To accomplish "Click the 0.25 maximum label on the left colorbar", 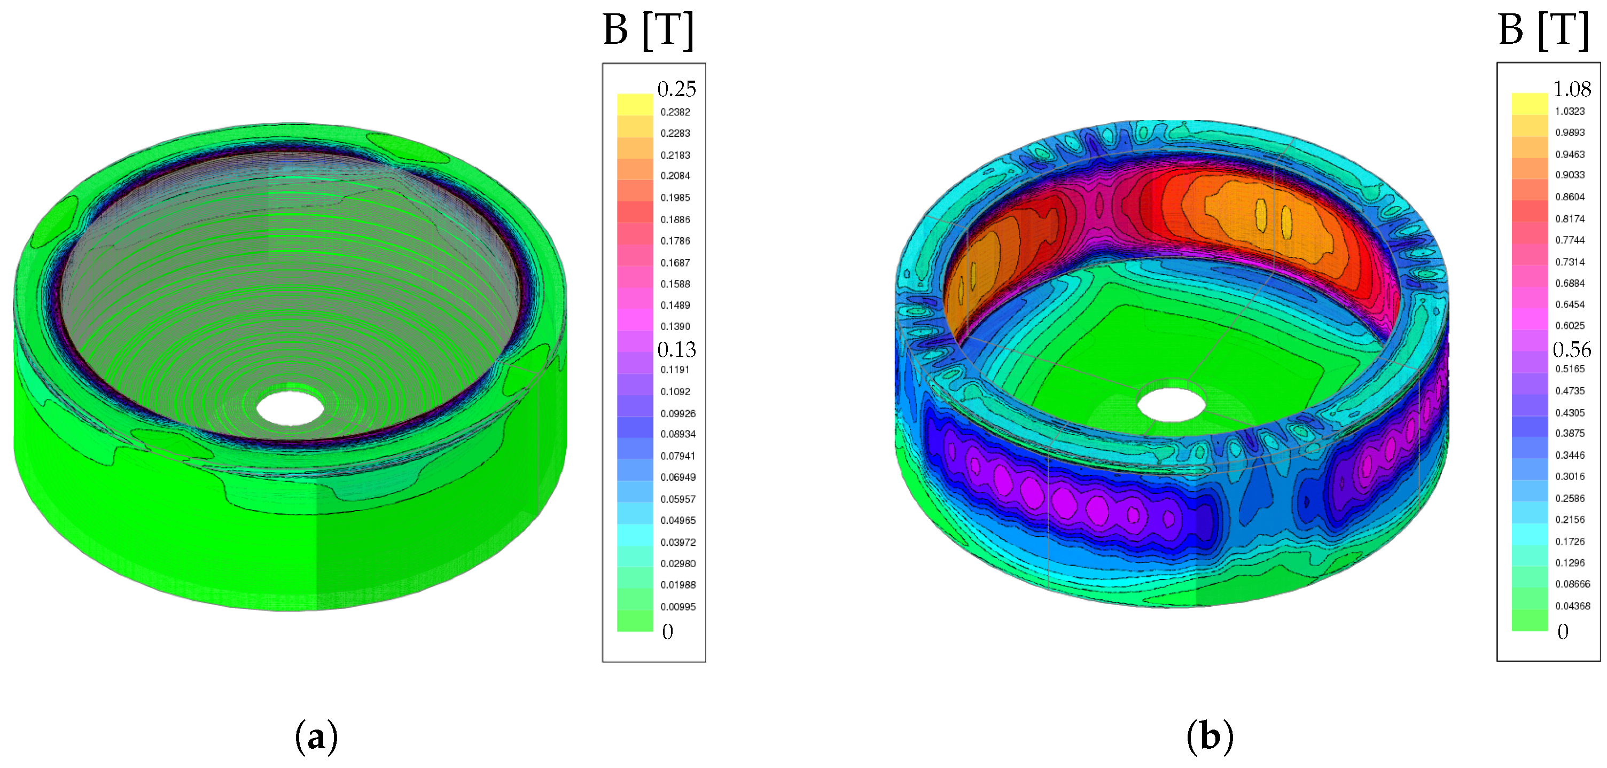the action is [676, 89].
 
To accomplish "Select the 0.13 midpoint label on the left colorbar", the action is [676, 349].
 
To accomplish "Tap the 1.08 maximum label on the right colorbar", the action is [1571, 89].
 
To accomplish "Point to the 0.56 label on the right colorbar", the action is [1571, 349].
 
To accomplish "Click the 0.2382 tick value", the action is [675, 112].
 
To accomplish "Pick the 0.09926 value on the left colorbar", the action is [678, 413].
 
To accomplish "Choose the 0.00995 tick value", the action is [678, 606].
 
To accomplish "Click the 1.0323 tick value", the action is [1570, 112].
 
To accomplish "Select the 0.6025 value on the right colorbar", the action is [1570, 326].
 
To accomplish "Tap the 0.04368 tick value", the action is [1573, 606].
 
